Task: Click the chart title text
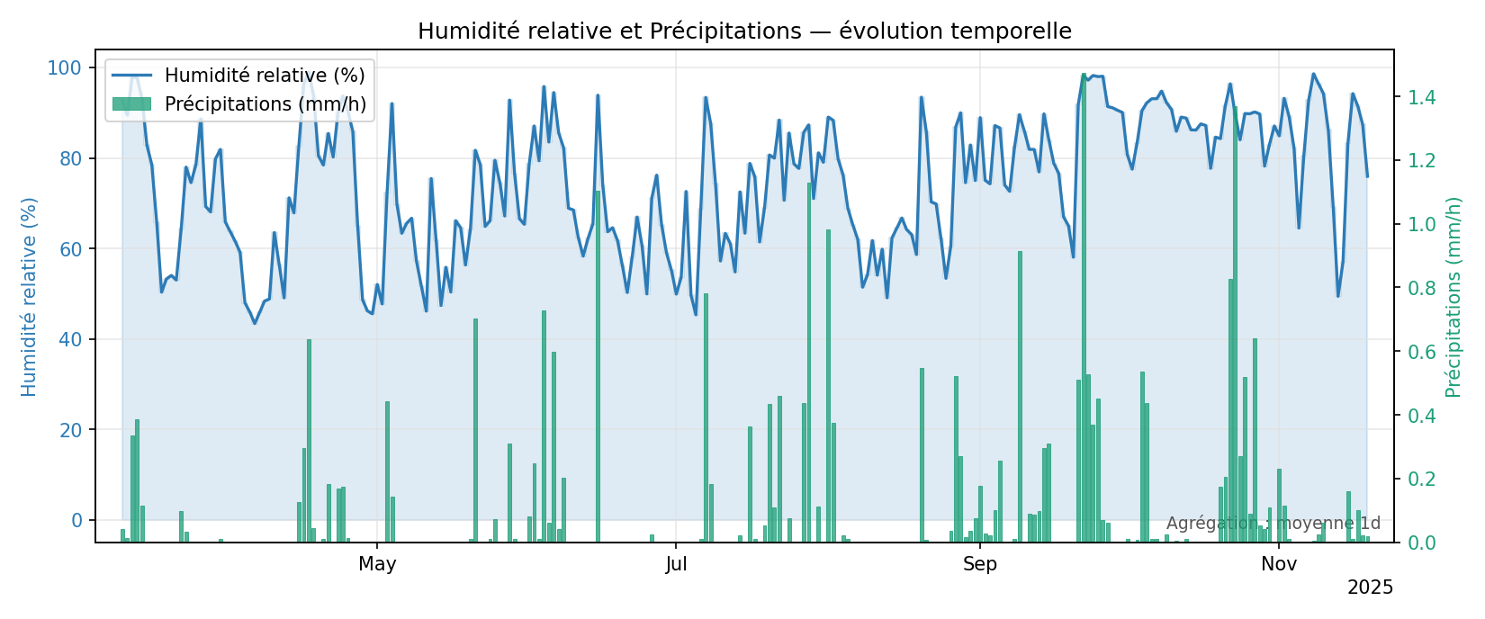click(744, 31)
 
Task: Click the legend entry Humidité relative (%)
click(264, 75)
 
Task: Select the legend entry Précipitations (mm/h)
click(265, 104)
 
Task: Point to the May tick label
click(377, 564)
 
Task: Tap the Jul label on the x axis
click(676, 564)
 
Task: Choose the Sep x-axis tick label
click(980, 564)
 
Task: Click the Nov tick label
click(1279, 564)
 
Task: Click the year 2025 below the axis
click(1370, 588)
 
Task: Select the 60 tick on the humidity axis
click(70, 248)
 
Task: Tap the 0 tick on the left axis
click(76, 520)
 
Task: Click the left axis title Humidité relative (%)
click(30, 296)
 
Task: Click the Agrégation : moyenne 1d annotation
click(1273, 524)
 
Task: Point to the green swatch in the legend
click(131, 104)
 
